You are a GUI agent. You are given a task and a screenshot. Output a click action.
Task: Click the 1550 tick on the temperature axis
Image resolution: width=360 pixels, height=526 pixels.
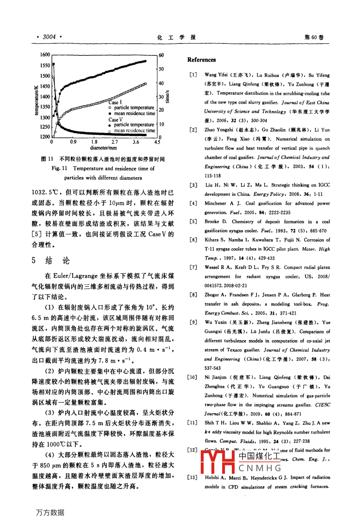[x=45, y=65]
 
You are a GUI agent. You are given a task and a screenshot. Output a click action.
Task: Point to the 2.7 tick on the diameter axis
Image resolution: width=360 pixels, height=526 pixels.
[x=115, y=142]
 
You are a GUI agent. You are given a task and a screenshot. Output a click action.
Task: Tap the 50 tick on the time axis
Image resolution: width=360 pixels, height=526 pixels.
[x=161, y=69]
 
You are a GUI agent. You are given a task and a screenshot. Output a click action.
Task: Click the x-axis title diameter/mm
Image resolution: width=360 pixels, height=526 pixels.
[x=104, y=148]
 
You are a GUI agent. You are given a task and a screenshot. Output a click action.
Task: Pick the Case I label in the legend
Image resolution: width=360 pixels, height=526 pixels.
[x=115, y=102]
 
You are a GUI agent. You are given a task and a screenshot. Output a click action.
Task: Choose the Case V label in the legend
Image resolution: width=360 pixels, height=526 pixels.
[x=115, y=120]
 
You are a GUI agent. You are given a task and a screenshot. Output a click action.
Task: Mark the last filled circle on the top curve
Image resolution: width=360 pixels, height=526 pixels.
[x=145, y=61]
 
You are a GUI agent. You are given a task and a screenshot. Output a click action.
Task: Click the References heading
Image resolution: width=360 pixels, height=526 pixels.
[x=202, y=60]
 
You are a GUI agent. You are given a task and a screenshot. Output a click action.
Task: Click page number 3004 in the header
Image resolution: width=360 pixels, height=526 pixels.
[x=49, y=37]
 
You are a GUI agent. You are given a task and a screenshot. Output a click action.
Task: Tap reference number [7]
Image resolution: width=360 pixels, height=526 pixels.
[x=193, y=267]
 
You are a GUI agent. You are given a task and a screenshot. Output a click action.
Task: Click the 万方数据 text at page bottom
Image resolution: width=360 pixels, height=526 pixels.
[x=51, y=512]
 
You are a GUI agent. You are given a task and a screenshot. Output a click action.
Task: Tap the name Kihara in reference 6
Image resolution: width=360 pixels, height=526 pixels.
[x=212, y=240]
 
